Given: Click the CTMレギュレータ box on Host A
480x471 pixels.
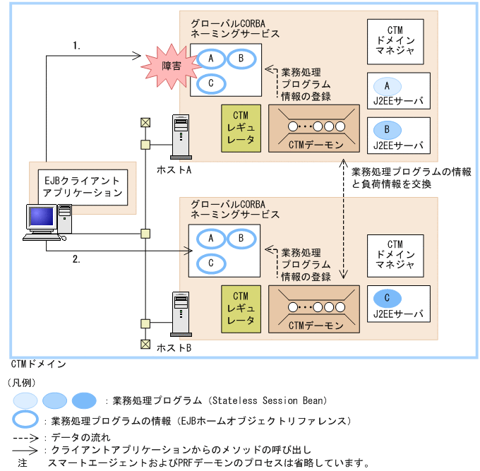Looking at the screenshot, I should [241, 129].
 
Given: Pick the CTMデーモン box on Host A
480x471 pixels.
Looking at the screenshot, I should [316, 129].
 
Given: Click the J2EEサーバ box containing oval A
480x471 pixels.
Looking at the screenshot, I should [398, 93].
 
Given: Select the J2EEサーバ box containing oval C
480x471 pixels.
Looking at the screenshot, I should [398, 305].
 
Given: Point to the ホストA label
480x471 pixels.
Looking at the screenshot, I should [174, 170].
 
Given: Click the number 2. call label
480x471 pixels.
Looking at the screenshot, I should [76, 259].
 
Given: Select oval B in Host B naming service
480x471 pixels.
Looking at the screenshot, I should [240, 239].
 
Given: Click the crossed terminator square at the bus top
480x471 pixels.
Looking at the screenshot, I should [145, 121].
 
